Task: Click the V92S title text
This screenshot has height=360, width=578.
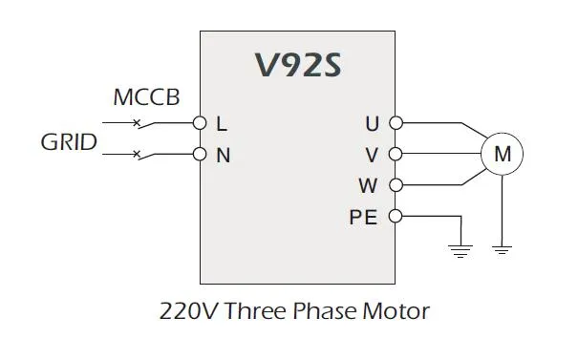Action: tap(297, 65)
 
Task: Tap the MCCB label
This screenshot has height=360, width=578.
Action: tap(146, 97)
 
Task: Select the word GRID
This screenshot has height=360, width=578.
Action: tap(68, 143)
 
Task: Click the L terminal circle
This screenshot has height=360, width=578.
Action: tap(200, 123)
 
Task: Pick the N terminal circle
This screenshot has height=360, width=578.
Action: tap(200, 154)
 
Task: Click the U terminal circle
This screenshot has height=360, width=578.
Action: tap(396, 123)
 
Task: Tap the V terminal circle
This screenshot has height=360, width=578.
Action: tap(396, 154)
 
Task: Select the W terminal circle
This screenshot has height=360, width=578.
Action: tap(396, 184)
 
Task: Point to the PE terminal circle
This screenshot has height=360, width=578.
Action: tap(396, 216)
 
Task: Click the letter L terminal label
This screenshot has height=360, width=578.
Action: tap(222, 124)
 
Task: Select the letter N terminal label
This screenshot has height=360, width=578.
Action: tap(223, 155)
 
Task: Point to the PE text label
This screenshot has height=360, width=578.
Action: tap(364, 217)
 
